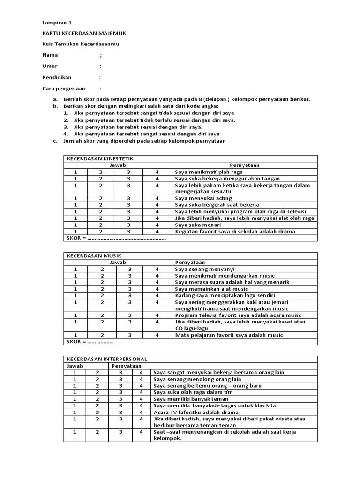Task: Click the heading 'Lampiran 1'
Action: pyautogui.click(x=57, y=22)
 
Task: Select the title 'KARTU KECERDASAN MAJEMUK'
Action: pyautogui.click(x=84, y=33)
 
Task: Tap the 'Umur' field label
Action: pyautogui.click(x=50, y=67)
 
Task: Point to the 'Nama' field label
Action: pyautogui.click(x=50, y=55)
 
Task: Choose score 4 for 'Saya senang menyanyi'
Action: pyautogui.click(x=157, y=269)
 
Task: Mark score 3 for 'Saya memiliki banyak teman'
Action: pyautogui.click(x=120, y=399)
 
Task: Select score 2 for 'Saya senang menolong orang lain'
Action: pyautogui.click(x=97, y=379)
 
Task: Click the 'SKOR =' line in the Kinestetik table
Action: pyautogui.click(x=115, y=238)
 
